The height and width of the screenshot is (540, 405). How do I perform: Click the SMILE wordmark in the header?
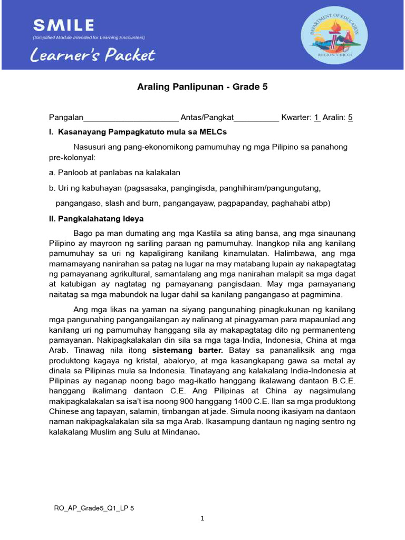[x=64, y=25]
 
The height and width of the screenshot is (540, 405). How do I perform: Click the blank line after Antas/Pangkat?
[x=256, y=118]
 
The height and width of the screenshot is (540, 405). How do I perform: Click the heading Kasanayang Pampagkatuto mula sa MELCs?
[x=142, y=131]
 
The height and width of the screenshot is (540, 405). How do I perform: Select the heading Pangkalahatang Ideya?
[x=100, y=218]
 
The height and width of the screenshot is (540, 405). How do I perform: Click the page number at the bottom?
[x=202, y=519]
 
